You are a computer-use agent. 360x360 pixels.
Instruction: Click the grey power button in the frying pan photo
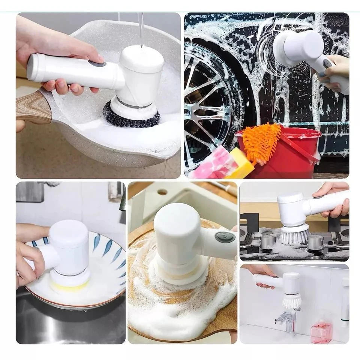point(97,63)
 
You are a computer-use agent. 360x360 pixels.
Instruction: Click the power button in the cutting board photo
point(224,237)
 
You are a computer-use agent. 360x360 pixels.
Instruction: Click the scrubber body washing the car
point(300,47)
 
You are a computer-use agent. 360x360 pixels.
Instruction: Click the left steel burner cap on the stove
point(268,241)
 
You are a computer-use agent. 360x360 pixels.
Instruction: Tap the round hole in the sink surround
point(162,192)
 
